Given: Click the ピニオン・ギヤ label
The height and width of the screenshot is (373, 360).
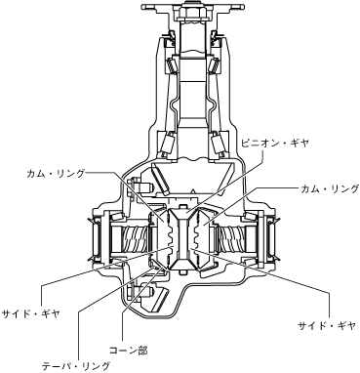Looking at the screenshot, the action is pyautogui.click(x=274, y=144).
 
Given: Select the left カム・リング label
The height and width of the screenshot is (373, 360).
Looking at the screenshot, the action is pyautogui.click(x=57, y=173).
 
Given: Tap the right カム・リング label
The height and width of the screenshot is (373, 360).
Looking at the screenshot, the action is pyautogui.click(x=330, y=188).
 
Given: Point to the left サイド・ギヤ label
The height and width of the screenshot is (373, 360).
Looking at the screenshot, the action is pyautogui.click(x=31, y=314).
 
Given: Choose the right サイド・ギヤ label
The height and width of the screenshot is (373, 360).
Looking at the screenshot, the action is pyautogui.click(x=327, y=326).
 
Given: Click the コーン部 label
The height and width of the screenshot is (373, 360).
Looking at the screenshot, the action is pyautogui.click(x=128, y=351).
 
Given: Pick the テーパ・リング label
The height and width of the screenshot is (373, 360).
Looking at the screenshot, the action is pyautogui.click(x=76, y=366).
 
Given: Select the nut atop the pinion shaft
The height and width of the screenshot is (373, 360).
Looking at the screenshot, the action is pyautogui.click(x=192, y=14).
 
